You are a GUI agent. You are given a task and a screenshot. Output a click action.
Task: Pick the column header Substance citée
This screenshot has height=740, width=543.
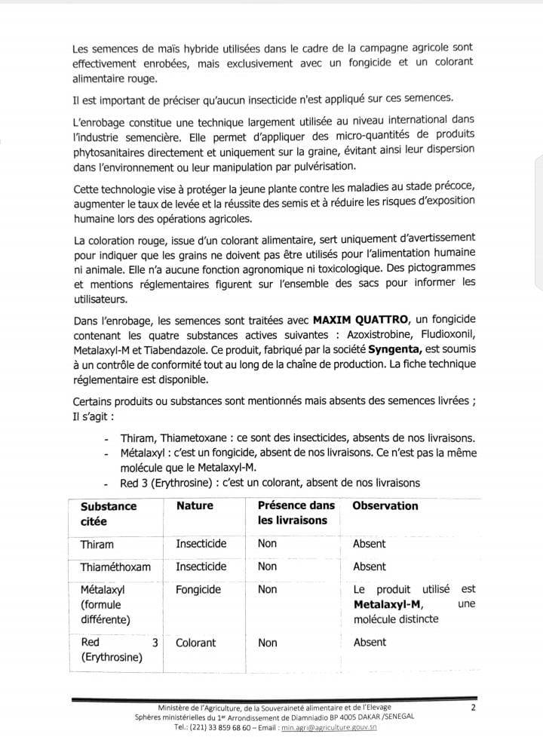click(x=109, y=513)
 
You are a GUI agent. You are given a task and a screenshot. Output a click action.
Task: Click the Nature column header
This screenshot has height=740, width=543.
click(x=195, y=505)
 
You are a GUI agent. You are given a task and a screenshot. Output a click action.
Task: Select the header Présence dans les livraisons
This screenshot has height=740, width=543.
click(x=296, y=513)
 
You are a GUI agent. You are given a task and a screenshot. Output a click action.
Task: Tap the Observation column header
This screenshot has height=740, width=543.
click(x=385, y=505)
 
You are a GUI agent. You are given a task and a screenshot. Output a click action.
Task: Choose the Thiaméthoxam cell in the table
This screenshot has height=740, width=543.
click(x=115, y=567)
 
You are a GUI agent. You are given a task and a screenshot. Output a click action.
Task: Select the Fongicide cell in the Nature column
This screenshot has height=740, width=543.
click(x=198, y=589)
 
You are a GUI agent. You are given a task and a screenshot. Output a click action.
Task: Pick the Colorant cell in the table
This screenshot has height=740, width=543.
click(x=195, y=643)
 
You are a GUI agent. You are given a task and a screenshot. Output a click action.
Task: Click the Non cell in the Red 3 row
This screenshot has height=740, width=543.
click(x=267, y=643)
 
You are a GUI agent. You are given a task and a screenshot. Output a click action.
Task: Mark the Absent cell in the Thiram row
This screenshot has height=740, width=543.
click(x=369, y=543)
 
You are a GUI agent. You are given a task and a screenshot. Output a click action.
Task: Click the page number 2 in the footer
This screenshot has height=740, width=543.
click(x=473, y=707)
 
